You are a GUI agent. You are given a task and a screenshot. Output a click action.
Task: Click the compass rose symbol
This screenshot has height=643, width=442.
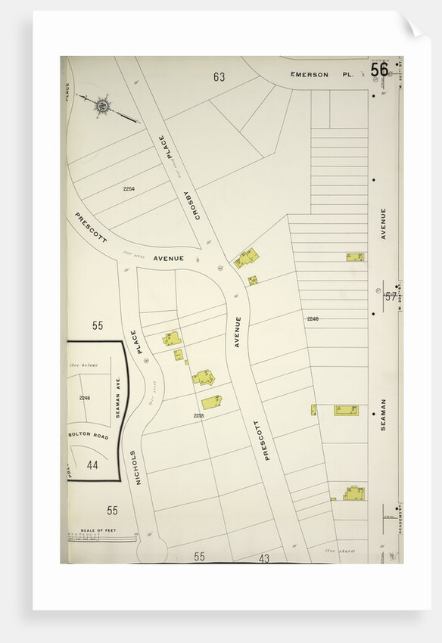click(x=101, y=106)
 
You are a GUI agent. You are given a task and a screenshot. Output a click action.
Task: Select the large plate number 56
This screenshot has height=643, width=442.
click(x=379, y=70)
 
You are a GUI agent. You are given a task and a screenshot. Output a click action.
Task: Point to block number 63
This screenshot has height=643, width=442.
click(x=219, y=76)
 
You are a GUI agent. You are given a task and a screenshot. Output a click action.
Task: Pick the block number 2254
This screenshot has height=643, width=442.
click(x=129, y=188)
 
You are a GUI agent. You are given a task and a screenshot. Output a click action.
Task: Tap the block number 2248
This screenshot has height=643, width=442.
click(x=313, y=318)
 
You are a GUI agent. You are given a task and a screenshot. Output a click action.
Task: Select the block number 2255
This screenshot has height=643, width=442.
click(x=198, y=415)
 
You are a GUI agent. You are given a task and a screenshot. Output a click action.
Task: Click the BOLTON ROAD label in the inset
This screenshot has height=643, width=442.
click(x=89, y=436)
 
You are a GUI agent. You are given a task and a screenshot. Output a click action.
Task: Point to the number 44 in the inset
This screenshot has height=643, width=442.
click(x=92, y=464)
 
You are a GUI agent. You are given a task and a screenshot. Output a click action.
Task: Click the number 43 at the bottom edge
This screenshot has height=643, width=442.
click(x=264, y=558)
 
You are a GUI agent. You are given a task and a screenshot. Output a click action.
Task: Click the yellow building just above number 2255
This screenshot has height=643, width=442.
click(x=211, y=402)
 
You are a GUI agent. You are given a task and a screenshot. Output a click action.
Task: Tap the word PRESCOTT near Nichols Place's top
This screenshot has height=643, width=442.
click(x=92, y=230)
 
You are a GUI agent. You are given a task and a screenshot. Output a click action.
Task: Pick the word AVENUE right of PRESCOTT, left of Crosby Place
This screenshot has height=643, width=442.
click(x=168, y=258)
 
